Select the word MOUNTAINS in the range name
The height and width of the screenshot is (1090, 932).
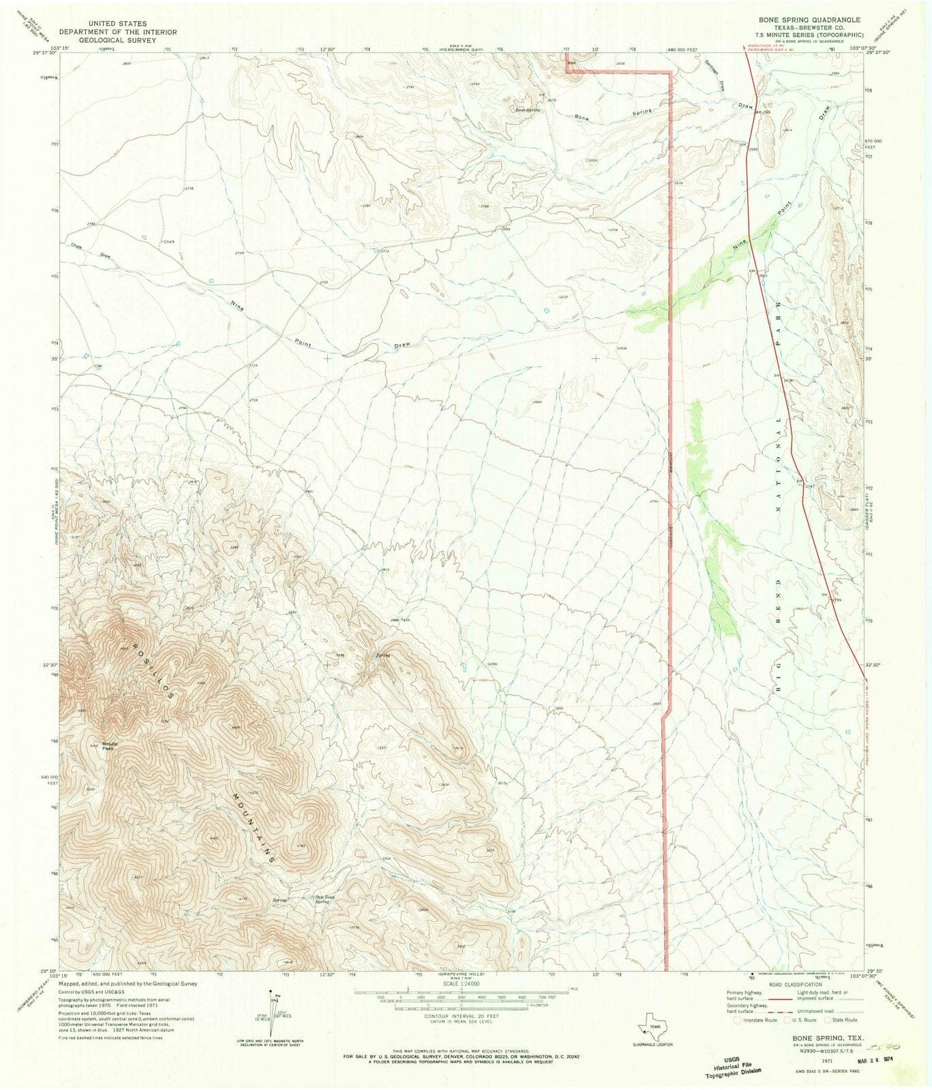252,828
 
